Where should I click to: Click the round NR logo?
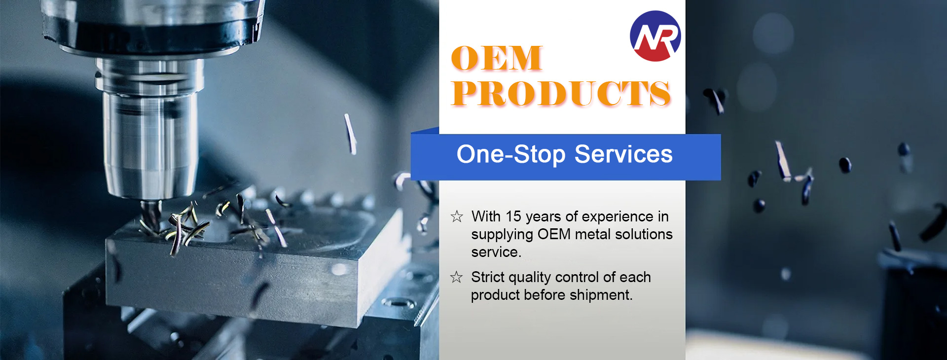656,36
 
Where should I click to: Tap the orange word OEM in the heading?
497,58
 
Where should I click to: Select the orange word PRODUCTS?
561,93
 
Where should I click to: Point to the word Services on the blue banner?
623,154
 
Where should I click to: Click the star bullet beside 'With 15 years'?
457,216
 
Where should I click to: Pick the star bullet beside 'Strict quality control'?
457,277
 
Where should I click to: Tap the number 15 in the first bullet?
513,216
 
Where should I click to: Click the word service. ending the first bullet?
496,252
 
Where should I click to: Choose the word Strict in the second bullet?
488,277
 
